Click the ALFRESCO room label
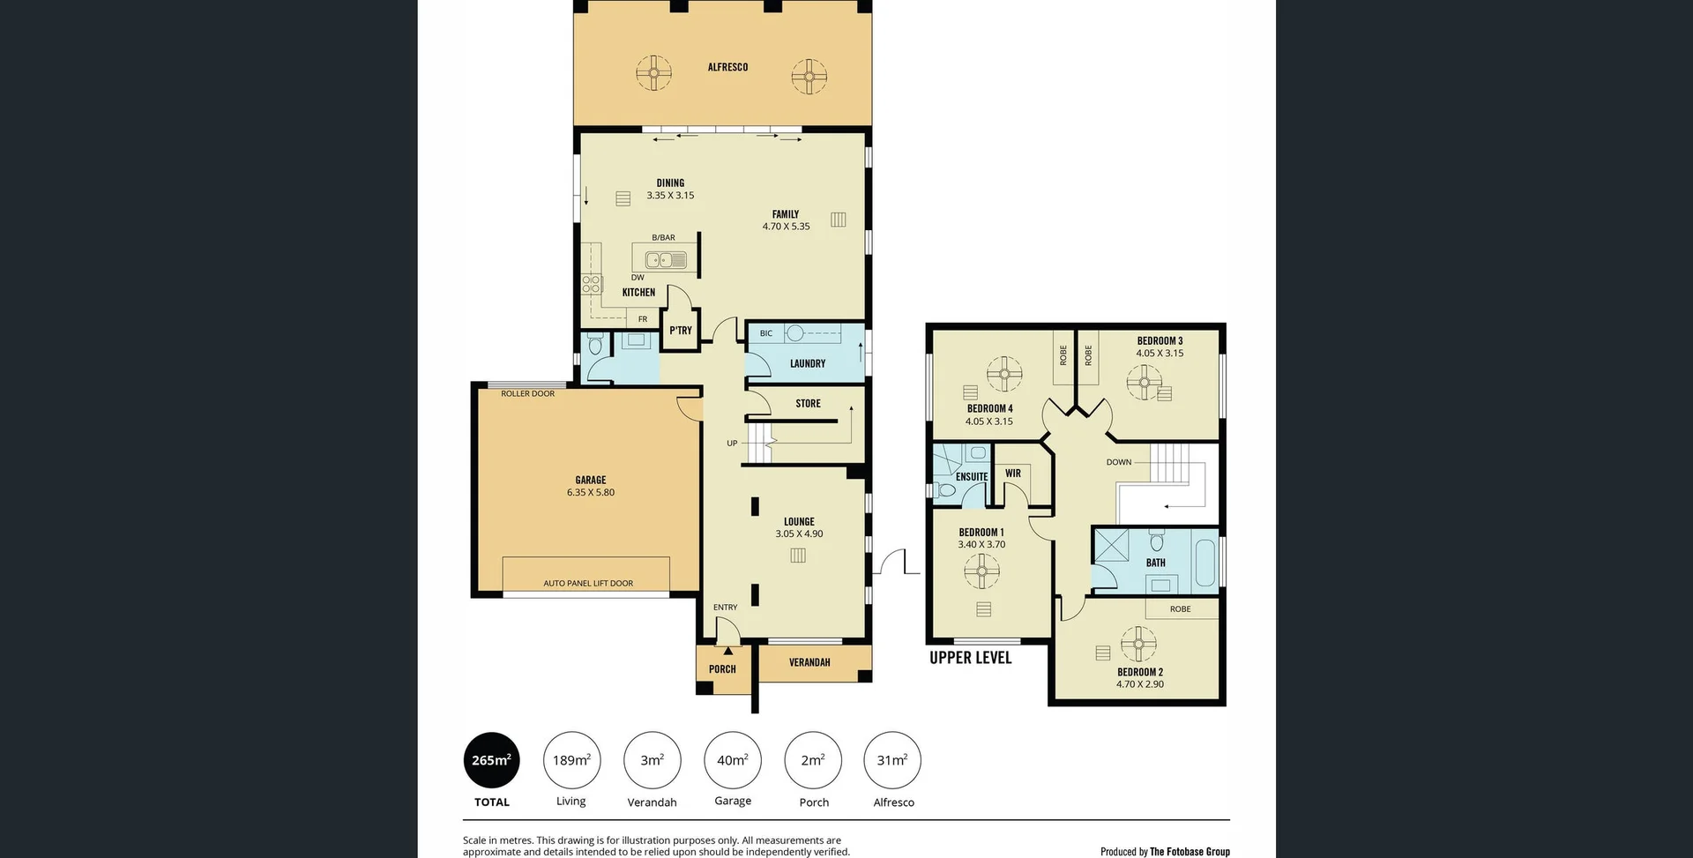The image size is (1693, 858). pyautogui.click(x=727, y=67)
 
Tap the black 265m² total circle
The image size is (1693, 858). pyautogui.click(x=491, y=760)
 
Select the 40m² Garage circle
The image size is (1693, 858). pyautogui.click(x=732, y=760)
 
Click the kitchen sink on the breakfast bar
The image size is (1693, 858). pyautogui.click(x=666, y=260)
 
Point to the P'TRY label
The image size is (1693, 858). pyautogui.click(x=680, y=331)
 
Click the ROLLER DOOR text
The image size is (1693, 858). pyautogui.click(x=527, y=393)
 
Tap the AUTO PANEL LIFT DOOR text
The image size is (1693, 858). pyautogui.click(x=587, y=583)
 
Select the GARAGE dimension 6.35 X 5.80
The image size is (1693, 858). pyautogui.click(x=591, y=493)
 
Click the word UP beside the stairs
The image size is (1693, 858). pyautogui.click(x=732, y=444)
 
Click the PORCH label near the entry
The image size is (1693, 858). pyautogui.click(x=722, y=669)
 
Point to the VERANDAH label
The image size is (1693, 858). pyautogui.click(x=809, y=662)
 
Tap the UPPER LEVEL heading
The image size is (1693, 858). pyautogui.click(x=970, y=658)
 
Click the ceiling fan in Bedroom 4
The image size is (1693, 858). pyautogui.click(x=1003, y=375)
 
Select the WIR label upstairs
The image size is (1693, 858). pyautogui.click(x=1012, y=474)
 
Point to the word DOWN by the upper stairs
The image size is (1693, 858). pyautogui.click(x=1118, y=462)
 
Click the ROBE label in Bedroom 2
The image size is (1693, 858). pyautogui.click(x=1180, y=609)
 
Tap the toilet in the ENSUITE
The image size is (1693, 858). pyautogui.click(x=947, y=490)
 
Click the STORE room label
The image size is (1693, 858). pyautogui.click(x=808, y=404)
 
